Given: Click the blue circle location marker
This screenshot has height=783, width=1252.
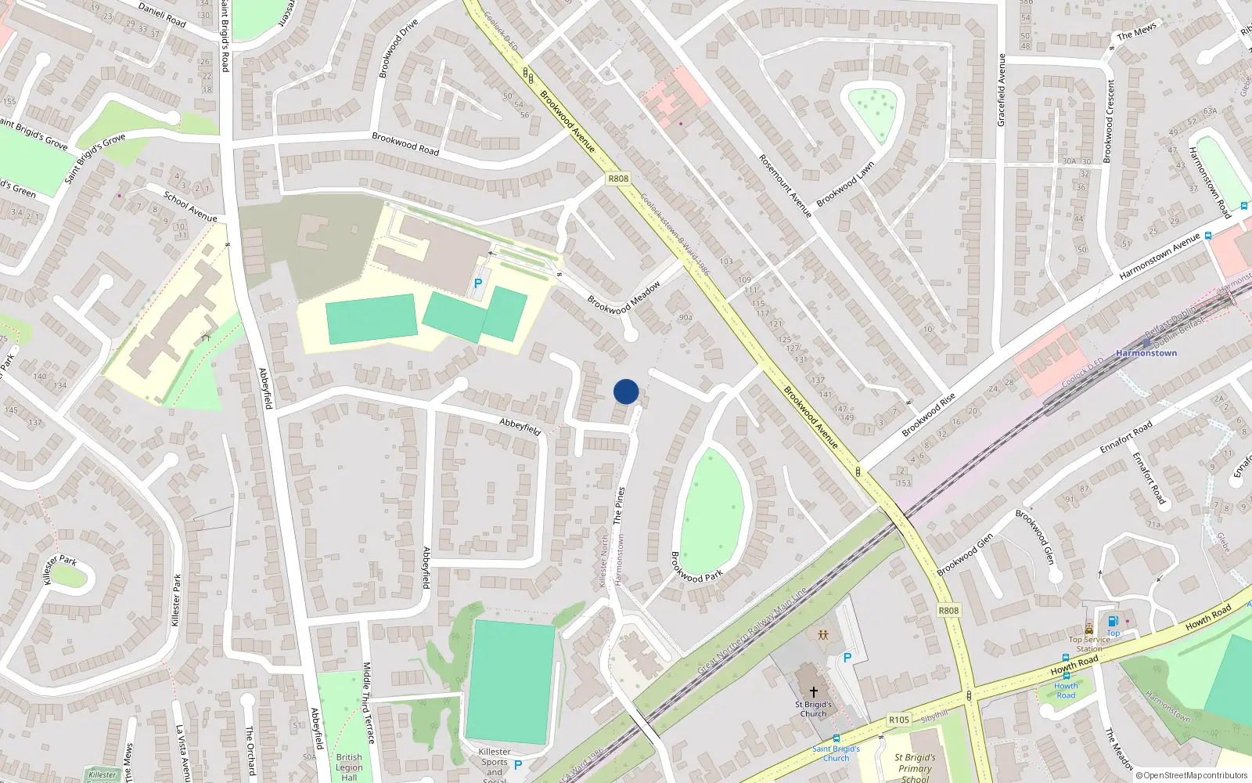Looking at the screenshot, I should tap(626, 391).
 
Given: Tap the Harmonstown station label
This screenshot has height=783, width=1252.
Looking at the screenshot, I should tap(1146, 353).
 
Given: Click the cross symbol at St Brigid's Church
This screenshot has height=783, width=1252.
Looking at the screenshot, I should tap(814, 692).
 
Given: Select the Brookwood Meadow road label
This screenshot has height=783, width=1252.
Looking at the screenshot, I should tap(624, 298).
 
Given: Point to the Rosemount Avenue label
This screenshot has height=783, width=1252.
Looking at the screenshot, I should tap(785, 186).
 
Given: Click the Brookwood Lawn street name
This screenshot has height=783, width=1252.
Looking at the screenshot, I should tap(845, 185).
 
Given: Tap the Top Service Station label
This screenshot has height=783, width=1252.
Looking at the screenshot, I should tap(1089, 644).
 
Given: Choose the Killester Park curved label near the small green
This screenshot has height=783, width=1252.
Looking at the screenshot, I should tap(59, 568).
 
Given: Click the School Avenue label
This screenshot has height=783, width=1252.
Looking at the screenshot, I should tap(190, 206).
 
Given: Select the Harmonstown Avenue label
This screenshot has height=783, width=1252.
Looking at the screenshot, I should tap(1160, 256).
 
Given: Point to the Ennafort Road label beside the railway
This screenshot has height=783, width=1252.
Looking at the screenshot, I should tap(1126, 438).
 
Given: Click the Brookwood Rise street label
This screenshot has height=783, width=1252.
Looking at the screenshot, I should tap(929, 415).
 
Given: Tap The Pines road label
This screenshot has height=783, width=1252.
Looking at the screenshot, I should tap(619, 505).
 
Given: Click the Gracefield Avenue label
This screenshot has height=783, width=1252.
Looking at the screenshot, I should tap(1001, 90).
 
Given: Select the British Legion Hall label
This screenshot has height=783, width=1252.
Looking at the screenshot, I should tap(349, 767).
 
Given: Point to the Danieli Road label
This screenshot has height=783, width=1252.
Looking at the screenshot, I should tap(162, 15).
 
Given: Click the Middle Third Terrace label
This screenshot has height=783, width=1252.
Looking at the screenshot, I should tap(367, 702).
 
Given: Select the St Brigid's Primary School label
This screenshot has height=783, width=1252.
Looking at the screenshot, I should tap(915, 768).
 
